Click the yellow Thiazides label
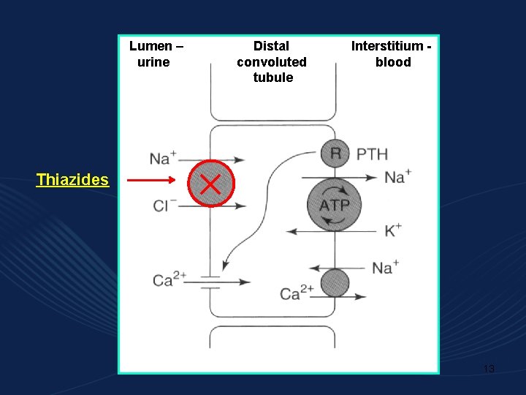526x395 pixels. click(72, 179)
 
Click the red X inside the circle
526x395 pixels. click(211, 183)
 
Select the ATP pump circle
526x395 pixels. click(334, 204)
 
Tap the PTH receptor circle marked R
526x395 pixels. click(335, 154)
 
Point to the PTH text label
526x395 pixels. click(372, 154)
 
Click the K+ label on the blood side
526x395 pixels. click(392, 231)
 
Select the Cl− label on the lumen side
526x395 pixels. click(165, 206)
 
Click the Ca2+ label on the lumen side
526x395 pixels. click(169, 280)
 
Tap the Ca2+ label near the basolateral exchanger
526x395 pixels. click(297, 294)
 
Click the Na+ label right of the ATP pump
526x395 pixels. click(397, 176)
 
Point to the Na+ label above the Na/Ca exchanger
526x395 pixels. click(385, 267)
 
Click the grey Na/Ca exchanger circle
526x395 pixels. click(335, 283)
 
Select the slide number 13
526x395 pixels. click(489, 369)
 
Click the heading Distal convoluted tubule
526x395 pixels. click(272, 61)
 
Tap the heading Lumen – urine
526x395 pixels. click(156, 54)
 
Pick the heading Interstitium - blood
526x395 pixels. click(392, 54)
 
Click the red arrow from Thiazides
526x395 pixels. click(150, 180)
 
